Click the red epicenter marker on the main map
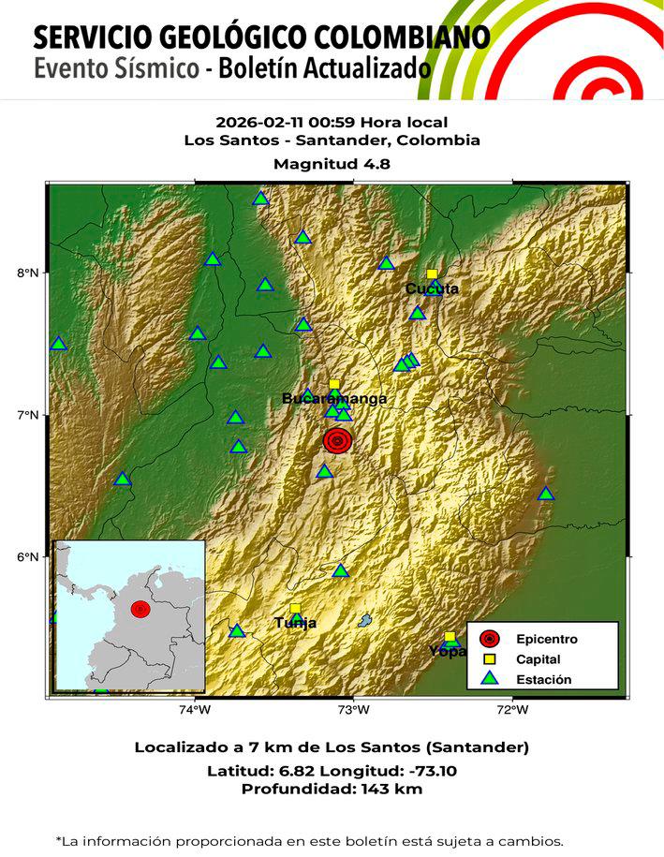(x=337, y=440)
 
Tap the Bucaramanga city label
(x=334, y=399)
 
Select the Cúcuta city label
(x=432, y=288)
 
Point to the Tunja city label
(x=295, y=623)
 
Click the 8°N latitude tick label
(x=29, y=273)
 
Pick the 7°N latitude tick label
(x=29, y=415)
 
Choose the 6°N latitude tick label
(x=29, y=557)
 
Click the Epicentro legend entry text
(x=546, y=639)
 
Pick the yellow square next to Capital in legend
(x=489, y=659)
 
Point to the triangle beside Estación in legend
(x=489, y=679)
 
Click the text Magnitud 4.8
(x=332, y=163)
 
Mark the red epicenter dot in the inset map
(x=140, y=609)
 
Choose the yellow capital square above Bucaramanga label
(x=334, y=385)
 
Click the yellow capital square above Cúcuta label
(x=432, y=274)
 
